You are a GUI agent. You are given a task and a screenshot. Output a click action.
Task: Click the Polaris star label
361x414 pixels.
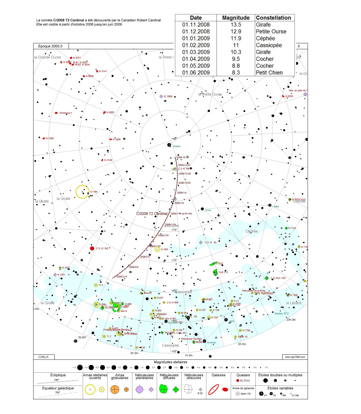point(177,146)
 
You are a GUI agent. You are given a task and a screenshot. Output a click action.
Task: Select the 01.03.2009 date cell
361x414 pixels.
point(196,52)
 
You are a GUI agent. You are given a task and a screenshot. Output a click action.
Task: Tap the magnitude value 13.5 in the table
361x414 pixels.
point(236,25)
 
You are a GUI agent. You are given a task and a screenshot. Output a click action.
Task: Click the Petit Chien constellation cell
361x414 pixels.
point(269,73)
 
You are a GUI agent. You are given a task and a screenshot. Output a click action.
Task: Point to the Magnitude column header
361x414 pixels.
point(236,18)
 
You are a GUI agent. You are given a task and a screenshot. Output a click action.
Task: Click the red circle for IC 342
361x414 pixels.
point(92,248)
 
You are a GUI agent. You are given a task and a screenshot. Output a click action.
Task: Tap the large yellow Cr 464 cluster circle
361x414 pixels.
point(82,192)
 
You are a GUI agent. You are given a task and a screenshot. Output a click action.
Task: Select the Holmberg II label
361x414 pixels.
point(66,113)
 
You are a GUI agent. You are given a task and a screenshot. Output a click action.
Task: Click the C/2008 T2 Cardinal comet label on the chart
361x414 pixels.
point(152,214)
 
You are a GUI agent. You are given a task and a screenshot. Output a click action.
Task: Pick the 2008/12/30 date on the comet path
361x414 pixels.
point(184,183)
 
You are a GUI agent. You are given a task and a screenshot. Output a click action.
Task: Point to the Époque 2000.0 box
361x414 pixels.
point(51,46)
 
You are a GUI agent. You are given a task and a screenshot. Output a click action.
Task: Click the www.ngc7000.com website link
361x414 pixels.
point(295,357)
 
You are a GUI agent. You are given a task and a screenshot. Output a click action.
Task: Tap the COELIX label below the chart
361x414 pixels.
point(44,357)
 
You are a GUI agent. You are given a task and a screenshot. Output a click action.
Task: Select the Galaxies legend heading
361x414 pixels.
point(218,375)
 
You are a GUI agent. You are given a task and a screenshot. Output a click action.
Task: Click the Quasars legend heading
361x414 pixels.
point(243,375)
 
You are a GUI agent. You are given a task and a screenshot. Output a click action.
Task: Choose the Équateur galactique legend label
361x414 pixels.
point(58,388)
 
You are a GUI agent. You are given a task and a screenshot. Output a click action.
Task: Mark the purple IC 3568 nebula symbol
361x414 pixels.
point(161,96)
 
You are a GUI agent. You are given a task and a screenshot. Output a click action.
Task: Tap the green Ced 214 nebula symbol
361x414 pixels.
point(215,272)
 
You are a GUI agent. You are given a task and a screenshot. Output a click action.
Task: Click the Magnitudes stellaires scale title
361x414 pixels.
point(171,362)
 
